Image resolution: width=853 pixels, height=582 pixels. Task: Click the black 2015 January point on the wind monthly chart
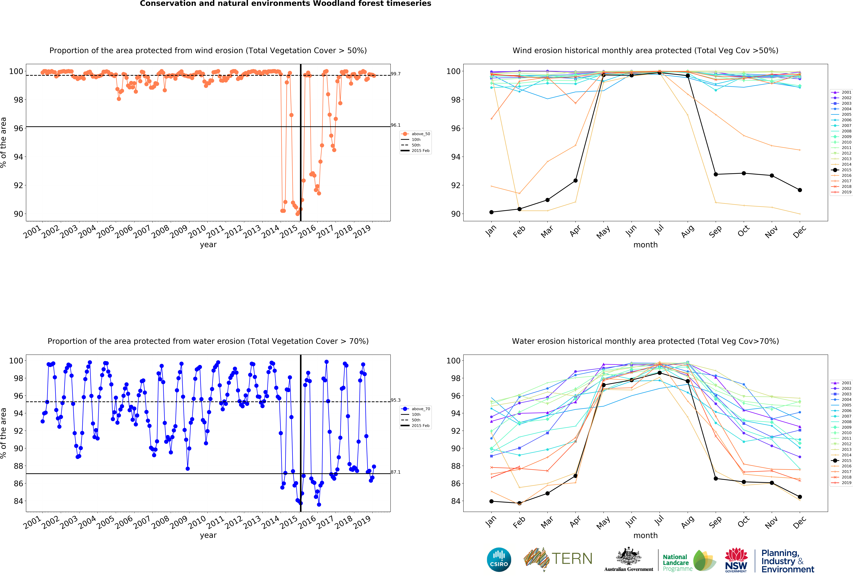491,212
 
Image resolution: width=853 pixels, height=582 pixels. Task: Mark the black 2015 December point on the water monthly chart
800,497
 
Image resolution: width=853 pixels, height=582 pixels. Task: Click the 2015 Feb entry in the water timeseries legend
420,425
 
